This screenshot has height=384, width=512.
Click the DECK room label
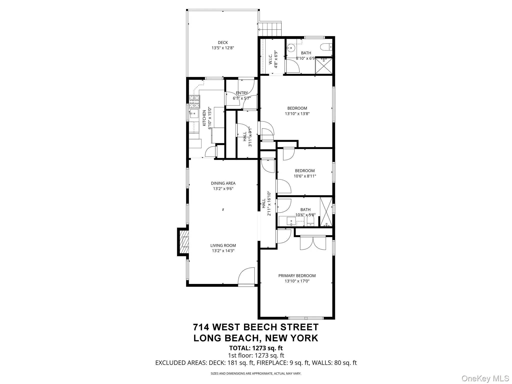tap(222, 43)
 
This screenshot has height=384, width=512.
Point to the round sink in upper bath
tap(291, 48)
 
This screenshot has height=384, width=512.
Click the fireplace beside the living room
tap(183, 242)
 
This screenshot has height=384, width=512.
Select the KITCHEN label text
tap(204, 118)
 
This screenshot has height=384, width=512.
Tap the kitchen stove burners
tap(194, 101)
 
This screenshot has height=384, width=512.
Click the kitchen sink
tap(194, 113)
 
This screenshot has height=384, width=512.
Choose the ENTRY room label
tap(242, 93)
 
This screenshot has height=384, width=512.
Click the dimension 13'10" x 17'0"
tap(297, 281)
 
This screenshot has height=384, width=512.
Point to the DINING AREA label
tap(223, 183)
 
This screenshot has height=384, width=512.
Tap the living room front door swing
tap(247, 276)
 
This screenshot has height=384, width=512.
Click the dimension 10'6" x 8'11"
tap(305, 176)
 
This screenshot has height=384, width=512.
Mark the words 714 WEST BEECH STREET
tap(256, 327)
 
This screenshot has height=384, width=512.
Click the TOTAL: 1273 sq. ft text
tap(256, 348)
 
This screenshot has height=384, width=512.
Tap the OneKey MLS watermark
tap(485, 378)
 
